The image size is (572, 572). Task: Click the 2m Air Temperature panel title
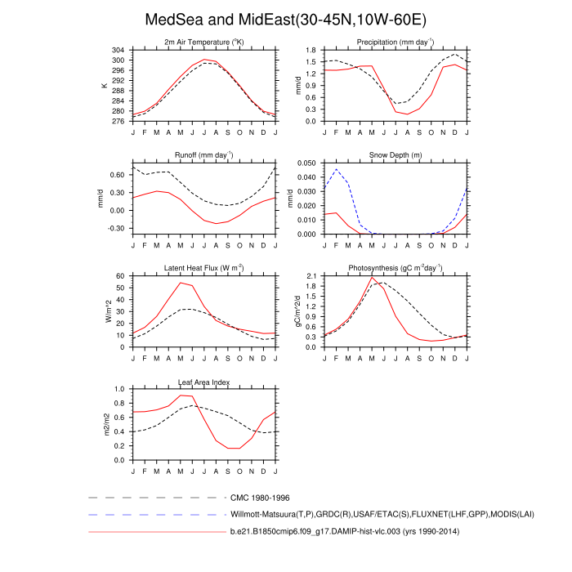[x=204, y=42]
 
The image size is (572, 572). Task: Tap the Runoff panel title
[x=204, y=154]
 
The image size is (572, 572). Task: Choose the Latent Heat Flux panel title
[x=204, y=268]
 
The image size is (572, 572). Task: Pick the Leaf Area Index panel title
[x=204, y=381]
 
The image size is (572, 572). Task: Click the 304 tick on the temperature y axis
[x=119, y=51]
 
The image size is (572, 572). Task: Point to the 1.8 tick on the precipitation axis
[x=311, y=51]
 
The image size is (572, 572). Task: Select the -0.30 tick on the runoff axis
[x=117, y=228]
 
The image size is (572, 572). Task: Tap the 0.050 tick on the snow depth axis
[x=305, y=163]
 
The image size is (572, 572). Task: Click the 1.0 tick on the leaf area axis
[x=119, y=390]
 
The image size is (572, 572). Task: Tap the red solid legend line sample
[x=155, y=533]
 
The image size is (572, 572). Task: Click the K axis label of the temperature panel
[x=105, y=86]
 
